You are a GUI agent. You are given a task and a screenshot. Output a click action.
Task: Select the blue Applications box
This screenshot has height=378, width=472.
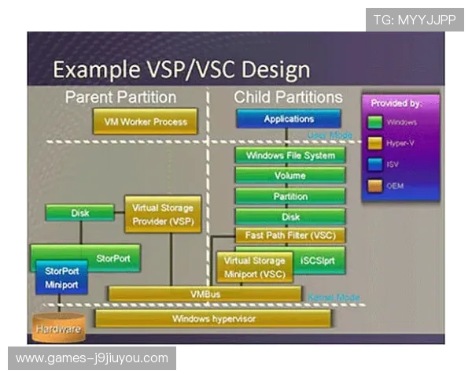(289, 119)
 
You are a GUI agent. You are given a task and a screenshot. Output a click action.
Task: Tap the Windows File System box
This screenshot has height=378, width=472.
(289, 155)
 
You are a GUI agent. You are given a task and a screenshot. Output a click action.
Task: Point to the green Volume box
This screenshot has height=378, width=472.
(289, 176)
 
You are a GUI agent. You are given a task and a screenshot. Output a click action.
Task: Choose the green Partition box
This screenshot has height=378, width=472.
(289, 196)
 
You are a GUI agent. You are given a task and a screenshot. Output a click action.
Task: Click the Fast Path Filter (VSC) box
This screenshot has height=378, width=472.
(289, 235)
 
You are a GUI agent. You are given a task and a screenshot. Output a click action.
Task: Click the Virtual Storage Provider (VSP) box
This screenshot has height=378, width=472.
(164, 215)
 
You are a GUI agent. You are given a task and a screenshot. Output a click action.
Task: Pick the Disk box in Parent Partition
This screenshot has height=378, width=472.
(80, 213)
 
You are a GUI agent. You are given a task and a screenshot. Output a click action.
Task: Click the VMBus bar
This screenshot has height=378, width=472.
(205, 294)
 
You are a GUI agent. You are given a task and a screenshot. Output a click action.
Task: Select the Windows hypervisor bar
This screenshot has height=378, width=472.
(213, 318)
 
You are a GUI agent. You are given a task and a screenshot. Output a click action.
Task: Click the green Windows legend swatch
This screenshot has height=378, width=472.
(376, 122)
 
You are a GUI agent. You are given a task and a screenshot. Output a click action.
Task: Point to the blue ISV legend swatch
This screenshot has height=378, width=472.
(376, 164)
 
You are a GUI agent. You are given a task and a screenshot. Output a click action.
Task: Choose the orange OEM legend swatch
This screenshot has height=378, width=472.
(376, 186)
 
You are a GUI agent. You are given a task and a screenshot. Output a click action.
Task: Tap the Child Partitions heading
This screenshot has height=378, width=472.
(288, 97)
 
